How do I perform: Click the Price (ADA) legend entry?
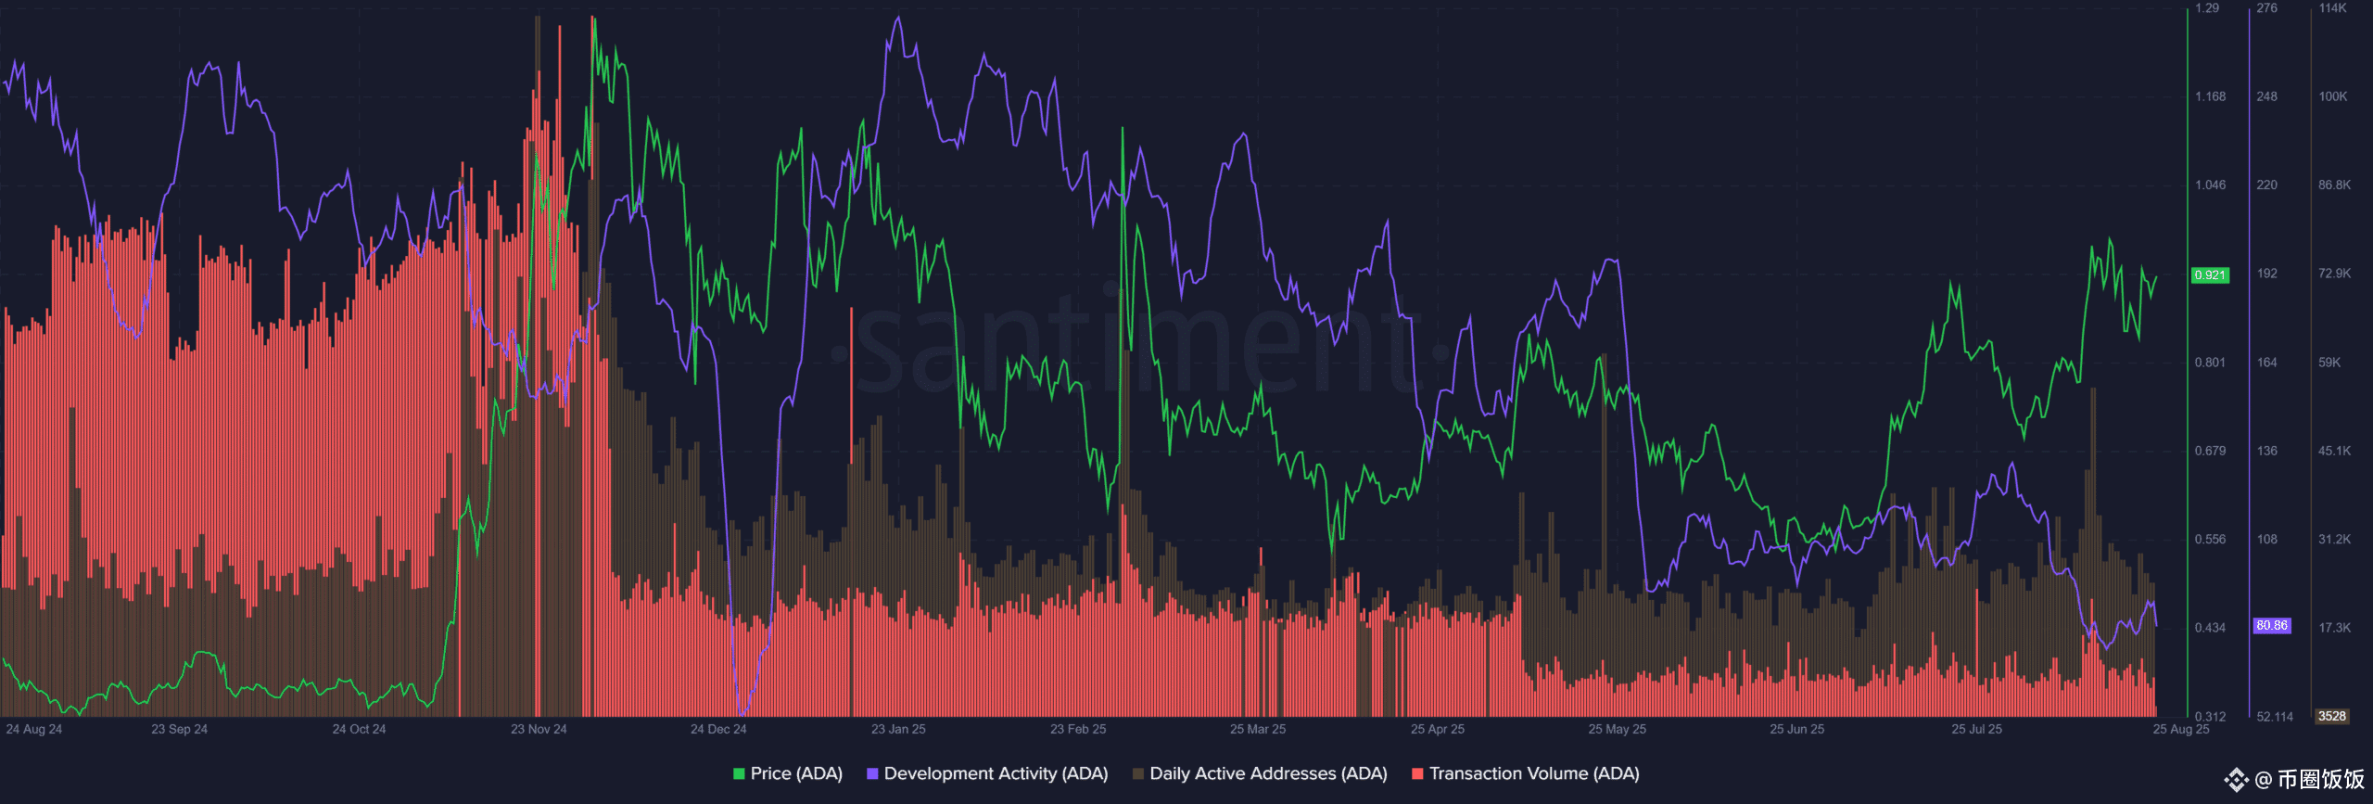pos(788,773)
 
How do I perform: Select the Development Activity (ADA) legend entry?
pos(987,773)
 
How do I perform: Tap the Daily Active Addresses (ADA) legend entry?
pos(1260,773)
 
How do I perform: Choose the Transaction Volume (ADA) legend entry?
pos(1526,773)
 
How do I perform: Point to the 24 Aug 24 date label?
pos(34,729)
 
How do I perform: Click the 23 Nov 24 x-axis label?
pos(539,729)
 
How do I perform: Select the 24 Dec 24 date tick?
pos(718,729)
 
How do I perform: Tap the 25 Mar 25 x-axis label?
pos(1258,729)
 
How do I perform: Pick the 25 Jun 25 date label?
pos(1796,729)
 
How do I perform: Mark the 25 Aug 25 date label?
pos(2181,729)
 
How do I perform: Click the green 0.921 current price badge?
pos(2210,275)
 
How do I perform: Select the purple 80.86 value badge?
pos(2272,626)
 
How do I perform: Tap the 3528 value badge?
pos(2332,716)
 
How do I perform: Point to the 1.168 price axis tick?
pos(2210,96)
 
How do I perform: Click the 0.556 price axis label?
pos(2210,539)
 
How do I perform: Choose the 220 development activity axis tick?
pos(2267,185)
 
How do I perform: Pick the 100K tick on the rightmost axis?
pos(2333,96)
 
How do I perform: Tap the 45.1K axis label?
pos(2334,451)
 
